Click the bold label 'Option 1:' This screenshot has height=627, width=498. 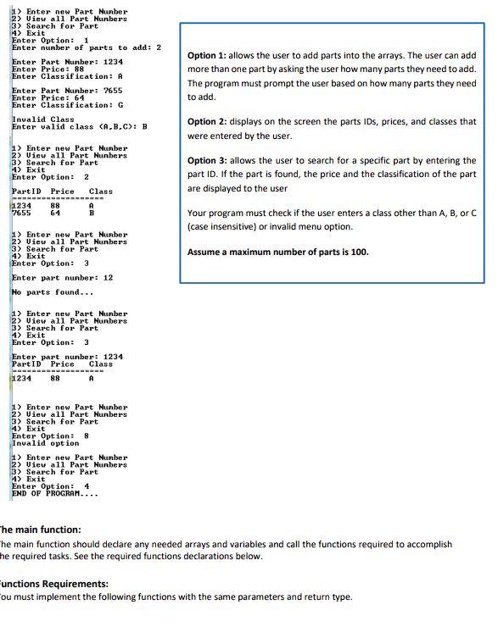209,55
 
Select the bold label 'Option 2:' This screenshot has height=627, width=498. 209,122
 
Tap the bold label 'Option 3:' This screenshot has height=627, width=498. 209,161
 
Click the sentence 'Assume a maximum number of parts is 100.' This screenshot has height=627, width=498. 277,252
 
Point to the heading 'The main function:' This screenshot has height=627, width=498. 38,528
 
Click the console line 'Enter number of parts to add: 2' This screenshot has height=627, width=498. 86,47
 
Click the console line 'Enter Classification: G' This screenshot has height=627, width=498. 68,105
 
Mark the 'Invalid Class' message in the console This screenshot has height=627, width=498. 43,119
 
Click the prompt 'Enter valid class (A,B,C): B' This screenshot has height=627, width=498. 80,127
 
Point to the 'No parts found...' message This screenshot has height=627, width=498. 52,292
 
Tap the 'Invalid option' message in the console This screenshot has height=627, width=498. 45,443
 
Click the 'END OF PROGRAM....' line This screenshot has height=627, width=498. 56,493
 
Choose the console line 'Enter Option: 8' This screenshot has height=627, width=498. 50,436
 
